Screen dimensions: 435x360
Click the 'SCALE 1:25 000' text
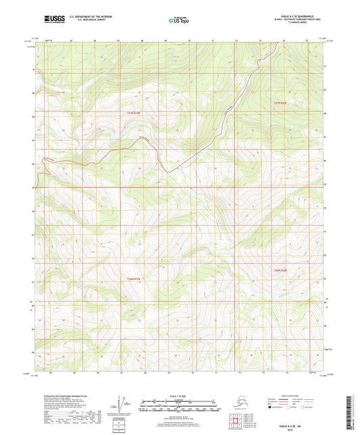point(179,395)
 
